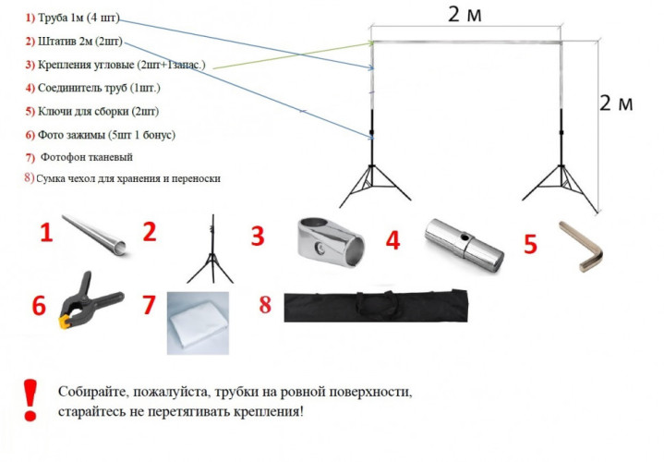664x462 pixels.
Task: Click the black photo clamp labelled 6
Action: coord(90,306)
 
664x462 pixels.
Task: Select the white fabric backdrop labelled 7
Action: coord(199,321)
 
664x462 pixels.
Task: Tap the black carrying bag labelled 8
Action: coord(379,305)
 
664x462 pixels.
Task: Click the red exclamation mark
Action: coord(29,400)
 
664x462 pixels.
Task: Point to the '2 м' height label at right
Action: coord(616,103)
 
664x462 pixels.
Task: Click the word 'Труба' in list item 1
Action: coord(54,18)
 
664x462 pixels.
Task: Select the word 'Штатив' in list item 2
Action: coord(58,42)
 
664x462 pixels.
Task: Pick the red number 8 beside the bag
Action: coord(264,304)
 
